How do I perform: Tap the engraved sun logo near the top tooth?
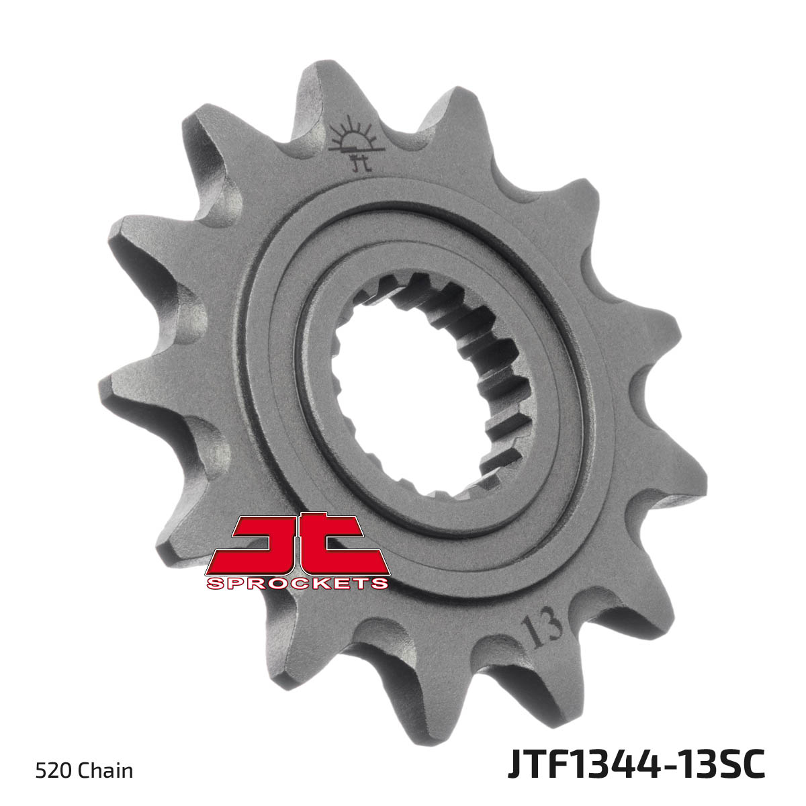[355, 135]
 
